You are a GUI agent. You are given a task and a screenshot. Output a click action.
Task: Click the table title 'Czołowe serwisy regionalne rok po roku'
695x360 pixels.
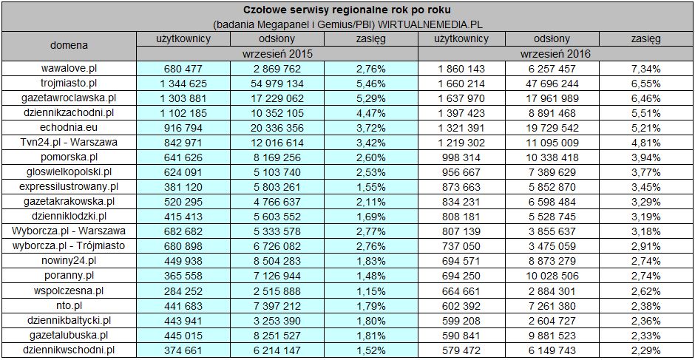click(347, 10)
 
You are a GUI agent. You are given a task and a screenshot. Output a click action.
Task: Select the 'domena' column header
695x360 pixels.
click(68, 45)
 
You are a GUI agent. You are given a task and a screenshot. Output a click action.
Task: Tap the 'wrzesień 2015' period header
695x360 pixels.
click(277, 54)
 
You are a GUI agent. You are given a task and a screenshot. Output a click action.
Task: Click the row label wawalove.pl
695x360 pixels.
click(68, 69)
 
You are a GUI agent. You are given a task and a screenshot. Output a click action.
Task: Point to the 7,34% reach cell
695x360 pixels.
click(646, 69)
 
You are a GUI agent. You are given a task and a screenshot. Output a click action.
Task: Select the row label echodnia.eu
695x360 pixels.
click(68, 127)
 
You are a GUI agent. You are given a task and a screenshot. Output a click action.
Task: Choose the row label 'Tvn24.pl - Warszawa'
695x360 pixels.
click(68, 142)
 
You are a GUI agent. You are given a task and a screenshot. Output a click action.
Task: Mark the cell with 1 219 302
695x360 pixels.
click(465, 142)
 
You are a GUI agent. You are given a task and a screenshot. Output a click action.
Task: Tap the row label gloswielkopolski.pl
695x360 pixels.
click(68, 171)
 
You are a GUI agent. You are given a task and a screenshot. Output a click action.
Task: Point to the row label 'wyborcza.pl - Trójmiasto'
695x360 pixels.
click(68, 245)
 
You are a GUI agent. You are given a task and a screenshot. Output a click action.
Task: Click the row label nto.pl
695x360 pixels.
click(68, 304)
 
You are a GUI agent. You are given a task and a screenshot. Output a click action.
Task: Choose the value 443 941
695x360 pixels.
click(184, 319)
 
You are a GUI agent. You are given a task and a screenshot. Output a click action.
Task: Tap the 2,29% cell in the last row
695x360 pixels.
click(646, 348)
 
